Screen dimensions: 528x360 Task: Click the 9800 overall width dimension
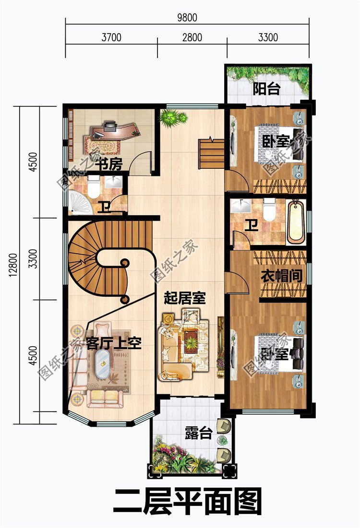pyautogui.click(x=187, y=18)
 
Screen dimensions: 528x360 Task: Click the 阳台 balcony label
pyautogui.click(x=266, y=89)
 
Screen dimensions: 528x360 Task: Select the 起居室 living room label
pyautogui.click(x=185, y=299)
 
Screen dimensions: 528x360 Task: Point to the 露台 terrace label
pyautogui.click(x=198, y=434)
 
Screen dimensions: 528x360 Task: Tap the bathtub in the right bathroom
pyautogui.click(x=295, y=221)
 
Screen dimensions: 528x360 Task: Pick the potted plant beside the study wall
pyautogui.click(x=172, y=117)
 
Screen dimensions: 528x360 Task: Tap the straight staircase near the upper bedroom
pyautogui.click(x=211, y=153)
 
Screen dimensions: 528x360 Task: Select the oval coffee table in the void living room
pyautogui.click(x=102, y=364)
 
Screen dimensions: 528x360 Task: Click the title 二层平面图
pyautogui.click(x=188, y=502)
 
